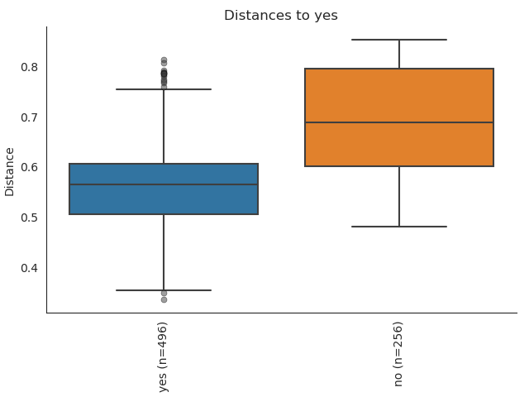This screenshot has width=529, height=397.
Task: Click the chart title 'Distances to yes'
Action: click(281, 16)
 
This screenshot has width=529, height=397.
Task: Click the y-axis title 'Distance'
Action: click(10, 171)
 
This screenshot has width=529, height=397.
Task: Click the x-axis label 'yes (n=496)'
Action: click(164, 356)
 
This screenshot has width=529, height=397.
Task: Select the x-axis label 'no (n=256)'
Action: click(399, 354)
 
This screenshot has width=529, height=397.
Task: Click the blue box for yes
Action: click(164, 198)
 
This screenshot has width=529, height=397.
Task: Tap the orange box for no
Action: click(399, 99)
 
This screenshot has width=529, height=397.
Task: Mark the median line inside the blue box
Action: click(164, 184)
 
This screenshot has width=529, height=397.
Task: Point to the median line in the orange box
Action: click(399, 122)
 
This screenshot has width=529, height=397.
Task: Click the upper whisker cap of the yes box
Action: click(164, 88)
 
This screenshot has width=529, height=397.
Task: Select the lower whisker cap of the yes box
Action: click(164, 290)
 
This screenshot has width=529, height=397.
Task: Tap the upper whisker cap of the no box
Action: click(399, 40)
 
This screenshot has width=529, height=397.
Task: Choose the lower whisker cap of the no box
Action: click(399, 226)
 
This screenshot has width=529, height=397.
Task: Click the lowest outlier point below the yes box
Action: click(164, 299)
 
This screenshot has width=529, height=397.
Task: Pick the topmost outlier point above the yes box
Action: click(164, 60)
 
